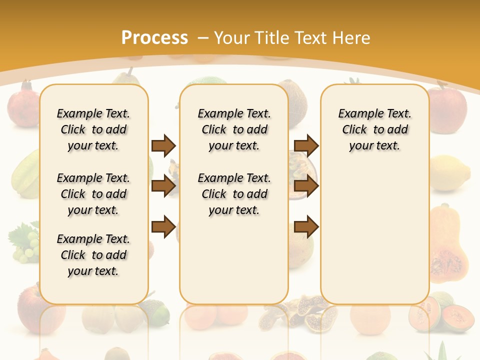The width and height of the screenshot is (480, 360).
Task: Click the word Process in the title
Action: (154, 38)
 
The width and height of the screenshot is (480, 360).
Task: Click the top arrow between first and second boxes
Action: (163, 146)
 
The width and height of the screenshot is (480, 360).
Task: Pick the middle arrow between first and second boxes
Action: (163, 186)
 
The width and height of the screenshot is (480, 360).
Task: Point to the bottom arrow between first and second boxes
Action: (163, 227)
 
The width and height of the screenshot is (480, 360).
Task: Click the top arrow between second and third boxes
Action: (306, 146)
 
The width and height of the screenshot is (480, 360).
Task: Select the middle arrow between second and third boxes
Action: (306, 186)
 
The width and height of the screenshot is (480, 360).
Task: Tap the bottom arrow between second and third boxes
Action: (306, 227)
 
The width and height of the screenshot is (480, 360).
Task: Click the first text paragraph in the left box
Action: (93, 129)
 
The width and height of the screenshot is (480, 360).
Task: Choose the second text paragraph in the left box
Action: (93, 194)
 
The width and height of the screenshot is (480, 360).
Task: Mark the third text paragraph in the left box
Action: (93, 255)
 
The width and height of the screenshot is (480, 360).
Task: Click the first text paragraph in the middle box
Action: (234, 129)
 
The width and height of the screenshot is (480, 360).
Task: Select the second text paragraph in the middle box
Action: (234, 194)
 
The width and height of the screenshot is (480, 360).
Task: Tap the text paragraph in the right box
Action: (375, 129)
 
